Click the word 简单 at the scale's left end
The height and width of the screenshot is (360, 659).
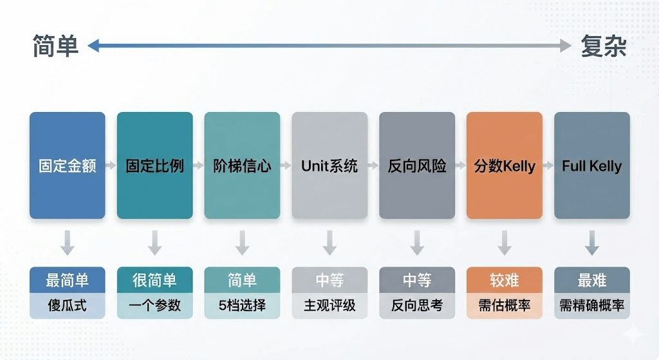coord(55,46)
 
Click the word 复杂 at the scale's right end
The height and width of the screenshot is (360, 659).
coord(603,46)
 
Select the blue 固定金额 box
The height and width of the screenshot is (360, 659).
coord(67,166)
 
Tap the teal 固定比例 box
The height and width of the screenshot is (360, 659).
coord(154,166)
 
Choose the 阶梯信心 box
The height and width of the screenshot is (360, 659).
coord(242,166)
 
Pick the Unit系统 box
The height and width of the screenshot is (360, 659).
coord(329,166)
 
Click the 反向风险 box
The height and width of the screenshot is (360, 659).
coord(417,166)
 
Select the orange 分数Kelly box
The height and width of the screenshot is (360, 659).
coord(505,166)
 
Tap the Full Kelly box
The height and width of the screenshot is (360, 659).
coord(592,166)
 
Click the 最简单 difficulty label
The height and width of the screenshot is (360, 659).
coord(67,280)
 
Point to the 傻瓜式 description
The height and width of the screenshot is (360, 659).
coord(67,305)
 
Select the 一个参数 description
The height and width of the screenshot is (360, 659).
coord(154,305)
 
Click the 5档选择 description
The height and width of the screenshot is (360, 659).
coord(242,305)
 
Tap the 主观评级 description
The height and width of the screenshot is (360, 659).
coord(329,305)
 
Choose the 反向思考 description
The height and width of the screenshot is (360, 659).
coord(417,305)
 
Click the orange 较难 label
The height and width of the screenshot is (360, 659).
coord(505,280)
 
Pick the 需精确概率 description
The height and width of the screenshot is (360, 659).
coord(592,305)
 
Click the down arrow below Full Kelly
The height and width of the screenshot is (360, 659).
coord(592,243)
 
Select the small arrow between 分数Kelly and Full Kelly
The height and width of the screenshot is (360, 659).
coord(548,166)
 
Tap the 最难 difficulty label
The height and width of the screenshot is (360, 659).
coord(592,280)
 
